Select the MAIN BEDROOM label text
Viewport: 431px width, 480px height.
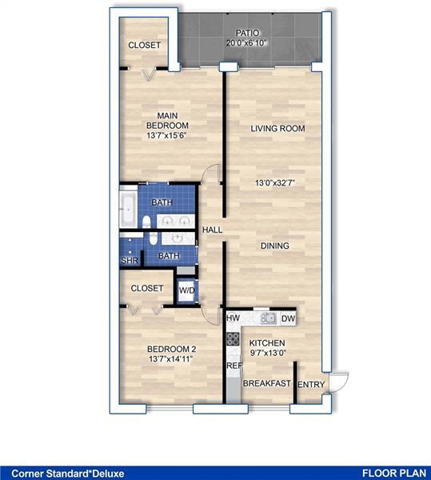167,121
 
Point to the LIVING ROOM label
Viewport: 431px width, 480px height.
277,128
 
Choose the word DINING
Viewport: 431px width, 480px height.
274,246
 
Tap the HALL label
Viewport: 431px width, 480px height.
212,230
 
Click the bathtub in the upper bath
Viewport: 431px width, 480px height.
129,210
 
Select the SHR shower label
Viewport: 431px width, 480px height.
129,261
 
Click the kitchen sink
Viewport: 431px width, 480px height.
269,318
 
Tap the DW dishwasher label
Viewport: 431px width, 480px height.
289,318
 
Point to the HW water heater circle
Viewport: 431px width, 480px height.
233,318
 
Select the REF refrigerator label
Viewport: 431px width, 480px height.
233,366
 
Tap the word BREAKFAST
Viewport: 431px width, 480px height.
266,384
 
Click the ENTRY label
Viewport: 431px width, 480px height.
310,386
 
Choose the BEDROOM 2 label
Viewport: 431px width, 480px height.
172,350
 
